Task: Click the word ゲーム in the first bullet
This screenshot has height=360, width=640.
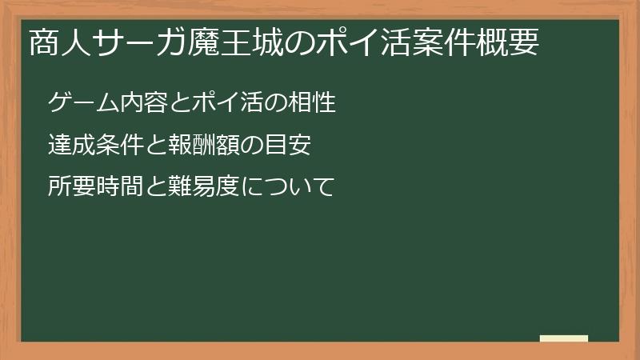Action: point(78,103)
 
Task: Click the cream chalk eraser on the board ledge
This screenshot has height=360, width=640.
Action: point(563,338)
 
